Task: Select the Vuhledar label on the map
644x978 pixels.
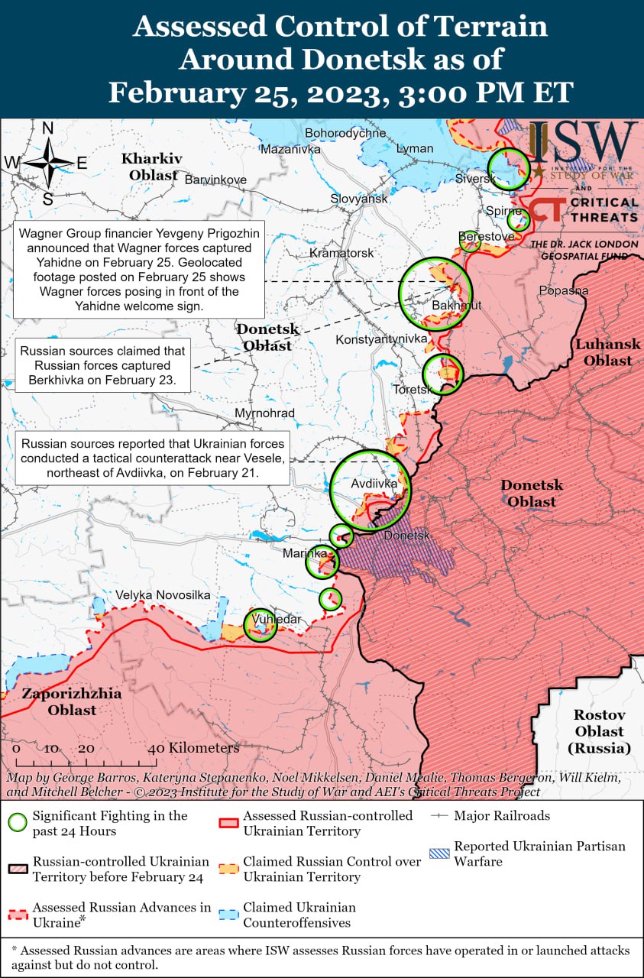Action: click(277, 619)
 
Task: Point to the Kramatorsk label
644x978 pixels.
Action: click(341, 253)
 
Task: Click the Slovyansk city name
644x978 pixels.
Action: click(359, 199)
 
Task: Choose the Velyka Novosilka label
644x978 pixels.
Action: click(163, 594)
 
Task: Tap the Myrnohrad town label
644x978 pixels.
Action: click(264, 413)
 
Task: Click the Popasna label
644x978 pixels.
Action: click(563, 290)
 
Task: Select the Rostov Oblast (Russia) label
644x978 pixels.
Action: click(600, 731)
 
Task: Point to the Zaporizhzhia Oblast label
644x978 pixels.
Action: click(71, 702)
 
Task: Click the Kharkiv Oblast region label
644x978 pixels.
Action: click(152, 167)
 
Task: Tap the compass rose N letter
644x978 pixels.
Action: click(47, 128)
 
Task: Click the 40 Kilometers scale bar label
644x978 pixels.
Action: click(194, 748)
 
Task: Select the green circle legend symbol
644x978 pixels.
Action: click(18, 823)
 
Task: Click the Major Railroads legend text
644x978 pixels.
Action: click(501, 815)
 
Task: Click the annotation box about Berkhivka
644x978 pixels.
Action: click(102, 365)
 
